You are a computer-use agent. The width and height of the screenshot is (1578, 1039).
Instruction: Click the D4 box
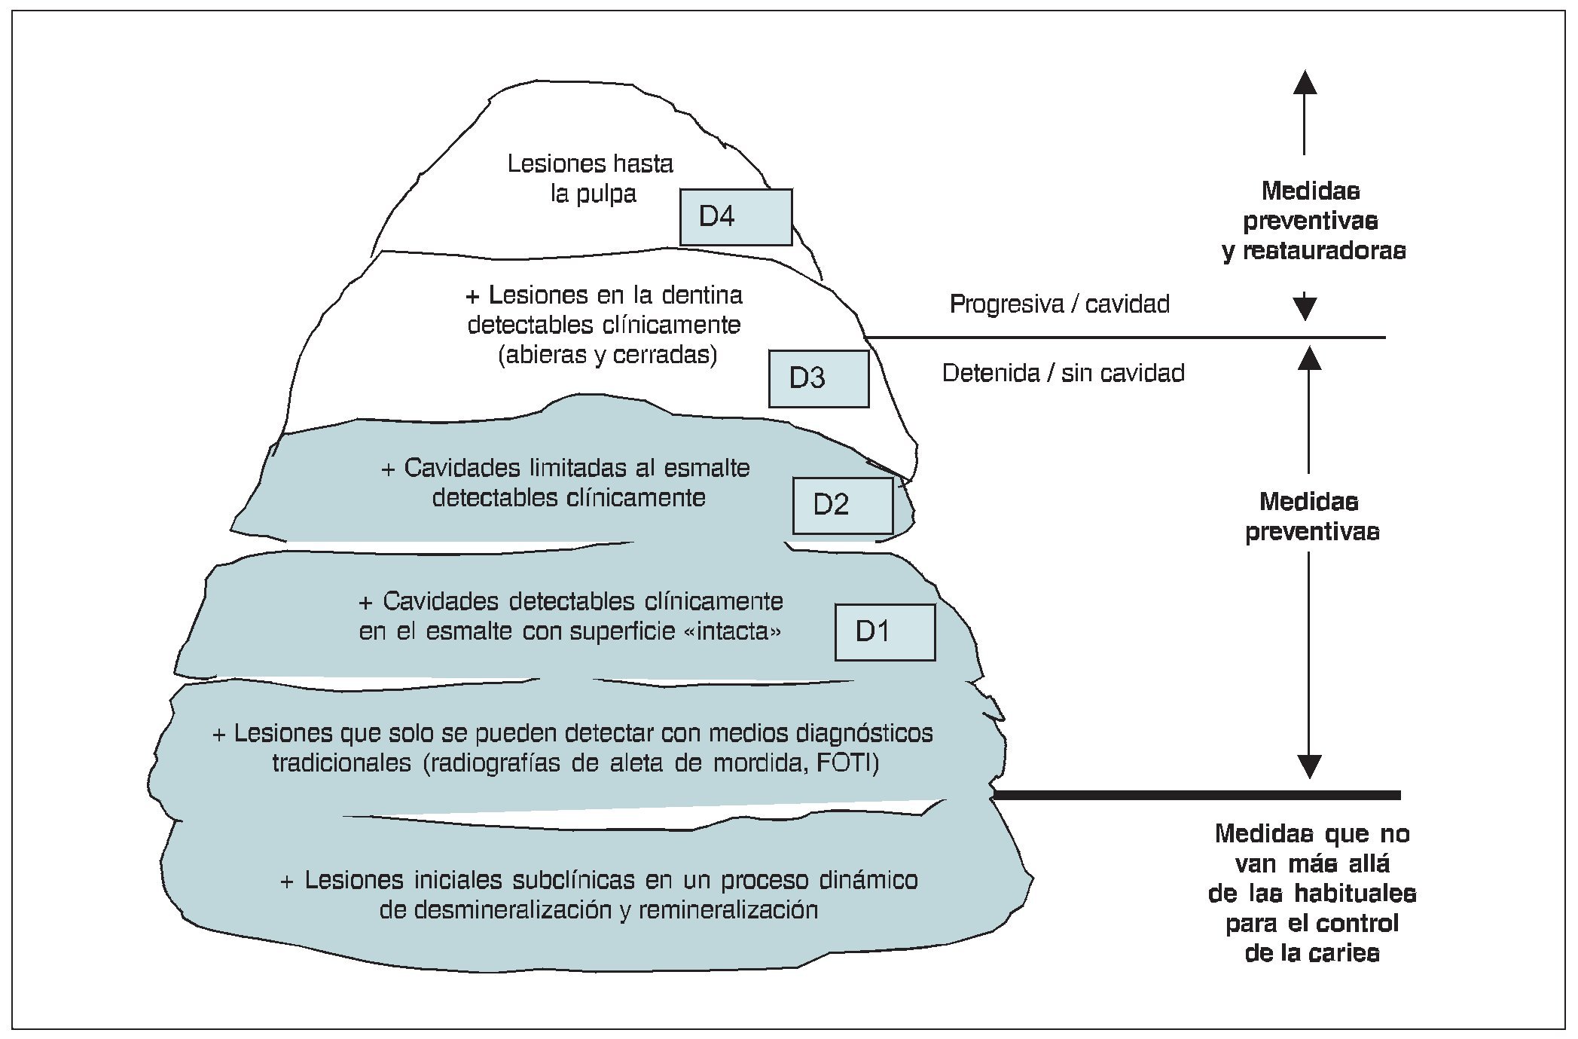pos(735,217)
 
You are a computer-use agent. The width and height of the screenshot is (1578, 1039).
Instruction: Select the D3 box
pos(818,378)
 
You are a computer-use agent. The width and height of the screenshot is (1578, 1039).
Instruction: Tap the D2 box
pos(842,505)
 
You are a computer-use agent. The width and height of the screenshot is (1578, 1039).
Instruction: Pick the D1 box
pos(884,631)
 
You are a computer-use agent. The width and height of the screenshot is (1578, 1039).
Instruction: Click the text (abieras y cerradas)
pos(607,355)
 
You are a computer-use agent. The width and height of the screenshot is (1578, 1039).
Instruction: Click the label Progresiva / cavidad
pos(1059,304)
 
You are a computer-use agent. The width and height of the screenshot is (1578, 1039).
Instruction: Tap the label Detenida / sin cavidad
pos(1063,373)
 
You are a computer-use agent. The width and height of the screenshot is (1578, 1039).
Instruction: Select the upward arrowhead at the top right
pos(1305,81)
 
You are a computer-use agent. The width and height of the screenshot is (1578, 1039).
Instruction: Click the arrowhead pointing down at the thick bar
pos(1310,767)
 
